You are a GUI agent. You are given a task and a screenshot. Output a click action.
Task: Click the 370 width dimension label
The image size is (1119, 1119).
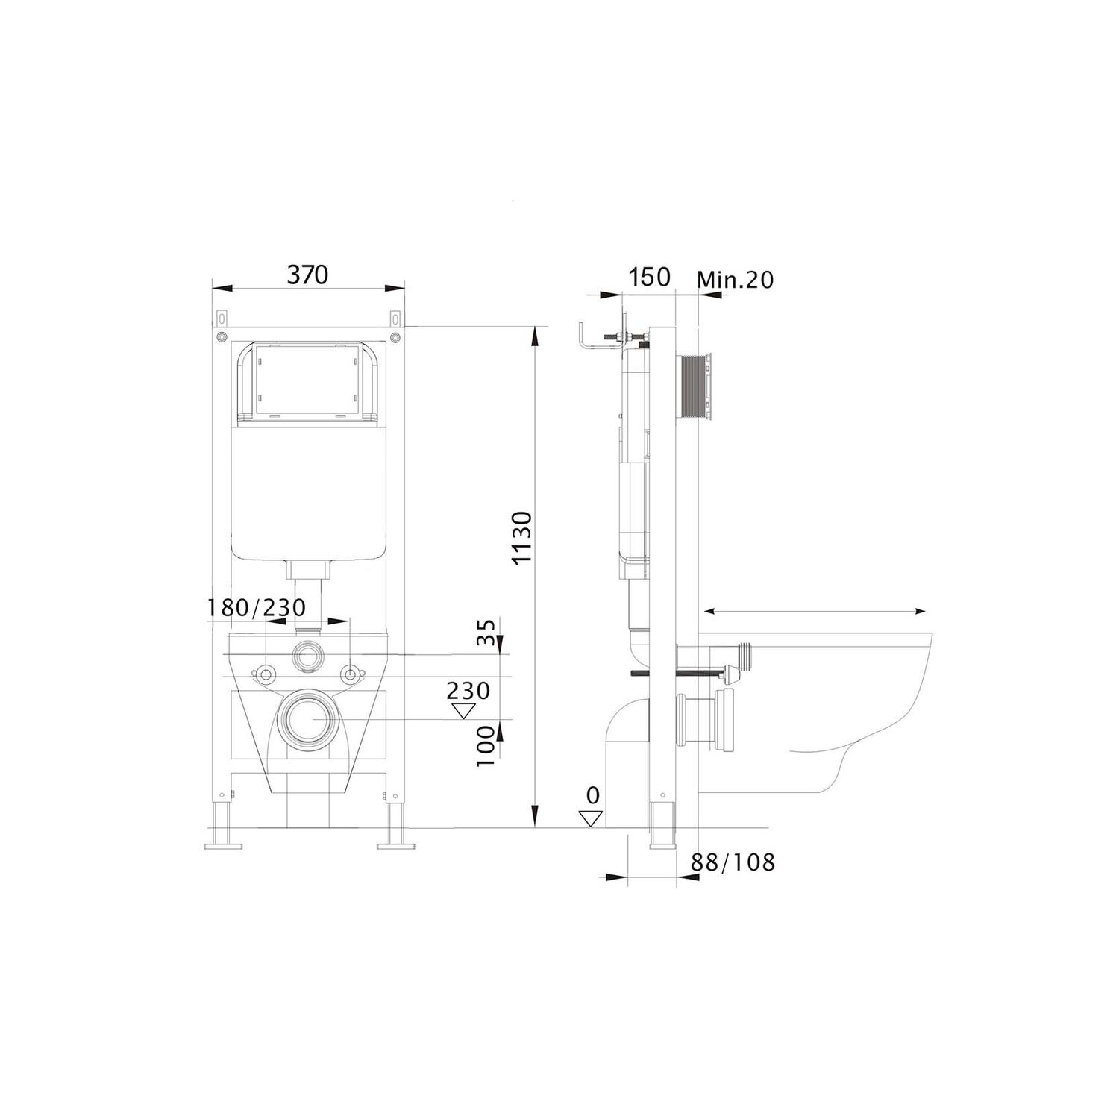coord(307,275)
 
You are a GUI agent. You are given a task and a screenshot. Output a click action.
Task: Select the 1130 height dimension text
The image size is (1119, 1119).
coord(523,537)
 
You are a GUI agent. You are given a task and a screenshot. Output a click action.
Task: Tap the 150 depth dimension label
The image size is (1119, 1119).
coord(649,277)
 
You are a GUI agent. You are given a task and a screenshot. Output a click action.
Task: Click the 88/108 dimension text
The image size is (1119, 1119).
coord(733,862)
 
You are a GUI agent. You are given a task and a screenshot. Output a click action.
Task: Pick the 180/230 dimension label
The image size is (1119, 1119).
coord(257,608)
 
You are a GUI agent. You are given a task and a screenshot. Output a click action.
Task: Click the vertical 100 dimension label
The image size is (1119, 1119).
coord(486,746)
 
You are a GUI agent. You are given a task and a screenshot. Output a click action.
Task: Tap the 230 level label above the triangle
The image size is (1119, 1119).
coord(468,690)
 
